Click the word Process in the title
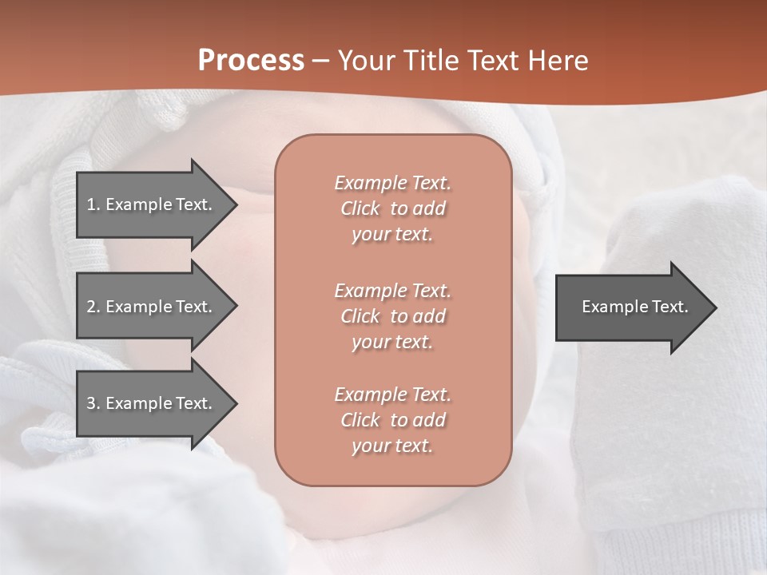251,61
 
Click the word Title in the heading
430,61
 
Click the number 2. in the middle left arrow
93,307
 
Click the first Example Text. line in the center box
392,183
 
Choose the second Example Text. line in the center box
392,290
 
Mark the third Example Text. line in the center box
392,395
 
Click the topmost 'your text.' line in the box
392,235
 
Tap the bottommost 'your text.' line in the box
392,446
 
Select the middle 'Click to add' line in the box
392,316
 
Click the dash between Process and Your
321,61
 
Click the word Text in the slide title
493,61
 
